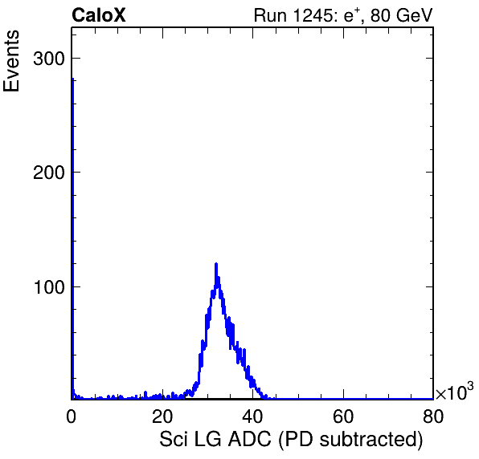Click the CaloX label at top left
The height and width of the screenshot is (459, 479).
tap(99, 15)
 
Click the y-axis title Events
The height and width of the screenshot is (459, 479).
tap(11, 61)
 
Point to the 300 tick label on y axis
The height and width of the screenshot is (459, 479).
tap(49, 59)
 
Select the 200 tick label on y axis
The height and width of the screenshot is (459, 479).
tap(49, 173)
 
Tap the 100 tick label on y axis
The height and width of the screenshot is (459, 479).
tap(50, 287)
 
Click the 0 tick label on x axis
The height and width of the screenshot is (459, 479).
tap(72, 416)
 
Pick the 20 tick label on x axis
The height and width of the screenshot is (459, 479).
tap(162, 416)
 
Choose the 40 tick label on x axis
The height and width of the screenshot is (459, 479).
tap(252, 416)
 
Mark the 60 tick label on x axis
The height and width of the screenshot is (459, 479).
tap(343, 416)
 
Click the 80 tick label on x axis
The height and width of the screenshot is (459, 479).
tap(433, 416)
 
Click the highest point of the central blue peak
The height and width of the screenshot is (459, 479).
tap(216, 263)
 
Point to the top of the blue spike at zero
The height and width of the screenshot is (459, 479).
tap(72, 79)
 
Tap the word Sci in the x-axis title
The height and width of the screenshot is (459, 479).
tap(174, 439)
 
